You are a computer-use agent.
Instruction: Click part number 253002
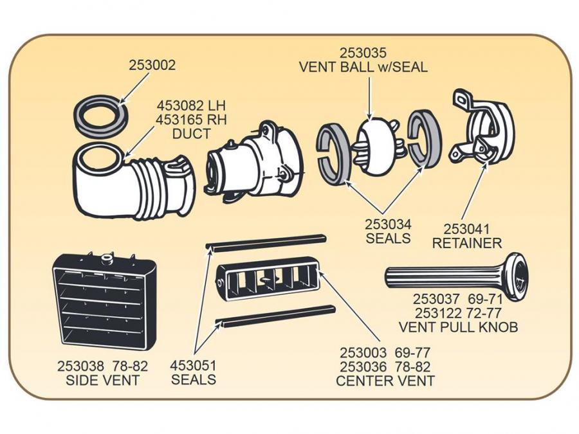(x=152, y=66)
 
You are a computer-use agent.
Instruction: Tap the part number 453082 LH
(x=192, y=105)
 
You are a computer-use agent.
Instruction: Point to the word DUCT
(x=191, y=134)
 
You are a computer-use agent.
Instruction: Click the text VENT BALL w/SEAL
(x=363, y=67)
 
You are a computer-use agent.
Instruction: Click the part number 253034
(x=388, y=225)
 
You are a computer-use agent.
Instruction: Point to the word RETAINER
(x=467, y=244)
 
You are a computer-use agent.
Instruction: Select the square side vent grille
(x=103, y=299)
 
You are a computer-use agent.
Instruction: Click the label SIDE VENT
(x=102, y=380)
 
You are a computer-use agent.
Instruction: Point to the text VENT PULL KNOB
(x=458, y=327)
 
